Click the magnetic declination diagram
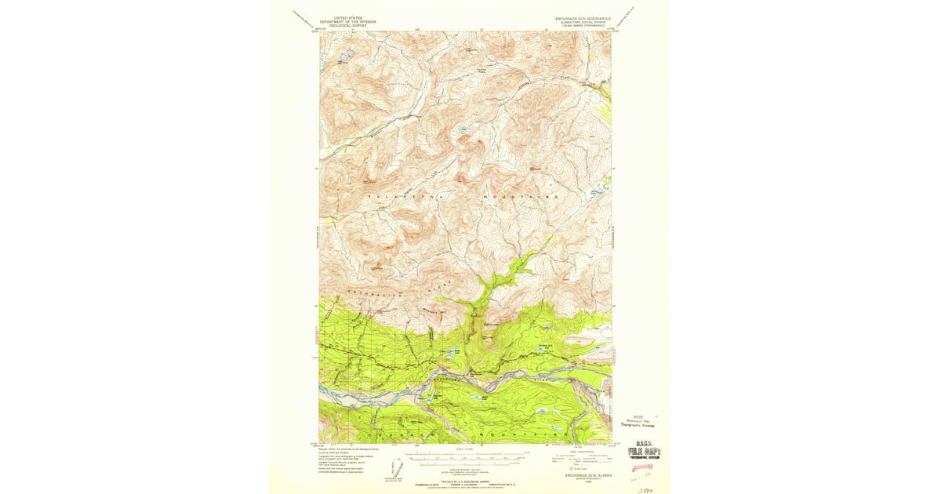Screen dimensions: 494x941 (x=397, y=468)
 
